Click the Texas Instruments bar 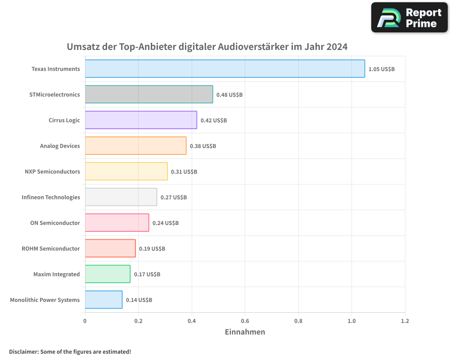[225, 68]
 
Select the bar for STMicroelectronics [149, 94]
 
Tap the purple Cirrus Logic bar [141, 120]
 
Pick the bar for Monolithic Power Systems [103, 300]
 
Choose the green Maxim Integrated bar [108, 274]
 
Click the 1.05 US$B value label [381, 69]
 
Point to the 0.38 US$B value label [203, 146]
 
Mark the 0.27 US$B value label [174, 197]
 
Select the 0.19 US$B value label [152, 248]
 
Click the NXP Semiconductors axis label [52, 171]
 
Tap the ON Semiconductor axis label [55, 223]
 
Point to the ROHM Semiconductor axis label [51, 248]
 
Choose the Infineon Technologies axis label [51, 197]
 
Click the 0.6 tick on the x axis [245, 321]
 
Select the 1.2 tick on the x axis [405, 321]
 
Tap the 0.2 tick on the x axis [138, 321]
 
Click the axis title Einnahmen [245, 332]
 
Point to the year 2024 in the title [337, 46]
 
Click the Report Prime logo [409, 18]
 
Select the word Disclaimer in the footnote [23, 351]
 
